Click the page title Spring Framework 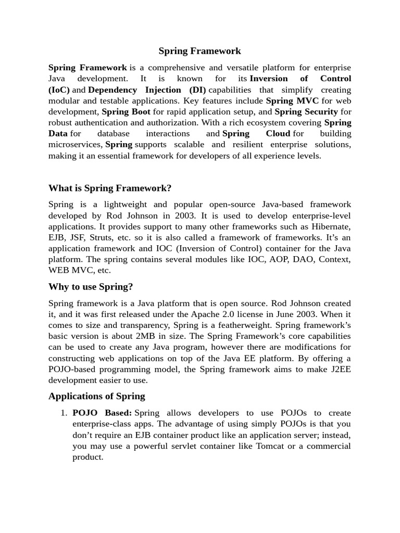pos(199,51)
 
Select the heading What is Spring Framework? pos(110,188)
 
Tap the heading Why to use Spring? pos(91,287)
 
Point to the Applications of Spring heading pos(97,396)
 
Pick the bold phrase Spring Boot pos(126,111)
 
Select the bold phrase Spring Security pos(306,111)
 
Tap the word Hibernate pos(331,226)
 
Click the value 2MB pos(148,336)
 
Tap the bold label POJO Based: pos(102,413)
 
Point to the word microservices pos(76,144)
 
